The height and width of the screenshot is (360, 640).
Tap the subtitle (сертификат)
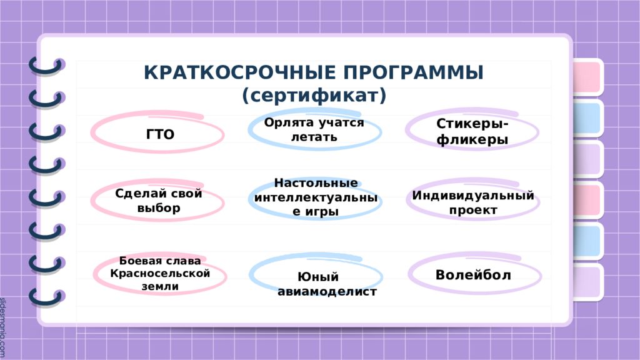tap(314, 95)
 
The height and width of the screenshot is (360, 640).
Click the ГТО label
tap(160, 134)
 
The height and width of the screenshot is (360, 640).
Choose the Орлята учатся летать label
tap(314, 129)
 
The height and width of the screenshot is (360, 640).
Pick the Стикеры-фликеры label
tap(472, 132)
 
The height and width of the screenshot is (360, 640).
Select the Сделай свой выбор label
tap(159, 201)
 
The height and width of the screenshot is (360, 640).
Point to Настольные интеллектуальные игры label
tap(316, 197)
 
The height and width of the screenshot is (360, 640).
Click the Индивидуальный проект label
tap(472, 202)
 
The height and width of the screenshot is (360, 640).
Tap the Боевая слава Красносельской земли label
tap(160, 274)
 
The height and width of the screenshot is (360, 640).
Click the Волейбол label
tap(473, 275)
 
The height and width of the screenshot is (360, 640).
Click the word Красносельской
tap(160, 274)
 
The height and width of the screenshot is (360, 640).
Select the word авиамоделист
tap(327, 291)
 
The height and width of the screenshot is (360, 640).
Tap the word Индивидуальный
tap(472, 196)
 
